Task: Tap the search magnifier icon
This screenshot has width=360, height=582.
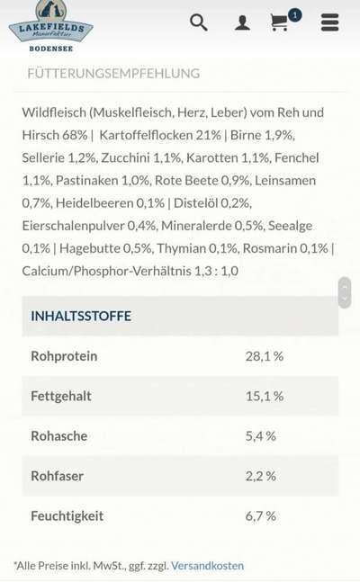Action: click(199, 22)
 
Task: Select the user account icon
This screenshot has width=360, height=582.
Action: click(242, 23)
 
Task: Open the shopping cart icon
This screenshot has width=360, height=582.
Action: click(281, 22)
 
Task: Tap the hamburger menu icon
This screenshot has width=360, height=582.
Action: click(329, 22)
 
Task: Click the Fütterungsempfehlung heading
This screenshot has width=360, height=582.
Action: click(113, 73)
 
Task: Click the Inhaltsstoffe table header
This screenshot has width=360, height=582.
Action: click(81, 316)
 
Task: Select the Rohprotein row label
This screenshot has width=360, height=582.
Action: click(64, 356)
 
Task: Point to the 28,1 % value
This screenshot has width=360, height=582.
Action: click(264, 356)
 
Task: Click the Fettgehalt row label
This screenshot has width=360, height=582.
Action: click(61, 396)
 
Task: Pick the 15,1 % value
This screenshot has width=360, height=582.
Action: click(264, 396)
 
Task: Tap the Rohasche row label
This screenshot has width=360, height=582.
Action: click(59, 436)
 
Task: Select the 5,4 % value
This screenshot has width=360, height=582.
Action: click(260, 436)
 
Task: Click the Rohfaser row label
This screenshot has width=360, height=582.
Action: click(58, 476)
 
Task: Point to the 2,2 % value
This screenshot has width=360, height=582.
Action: click(260, 476)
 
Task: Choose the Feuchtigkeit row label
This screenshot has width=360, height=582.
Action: click(67, 516)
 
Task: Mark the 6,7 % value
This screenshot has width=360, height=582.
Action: click(260, 516)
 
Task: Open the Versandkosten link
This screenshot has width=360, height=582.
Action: click(207, 566)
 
